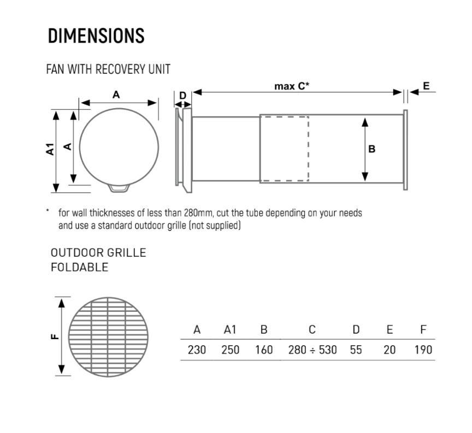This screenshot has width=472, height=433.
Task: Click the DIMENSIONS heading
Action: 96,36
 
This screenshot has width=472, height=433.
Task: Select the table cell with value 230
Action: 197,350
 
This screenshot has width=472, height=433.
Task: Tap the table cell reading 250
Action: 231,350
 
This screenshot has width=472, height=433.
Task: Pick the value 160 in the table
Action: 264,350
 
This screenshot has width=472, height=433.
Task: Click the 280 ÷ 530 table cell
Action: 312,350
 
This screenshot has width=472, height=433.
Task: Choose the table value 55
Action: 356,350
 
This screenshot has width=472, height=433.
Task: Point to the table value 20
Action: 390,350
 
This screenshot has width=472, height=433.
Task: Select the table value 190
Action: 423,350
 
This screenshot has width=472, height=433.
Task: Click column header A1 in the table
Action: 230,330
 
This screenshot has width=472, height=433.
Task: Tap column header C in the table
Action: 312,330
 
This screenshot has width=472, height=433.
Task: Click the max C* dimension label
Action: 292,86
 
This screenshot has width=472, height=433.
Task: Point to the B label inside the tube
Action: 372,149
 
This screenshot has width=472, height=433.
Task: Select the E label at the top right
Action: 426,86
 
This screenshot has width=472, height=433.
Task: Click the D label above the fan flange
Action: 182,96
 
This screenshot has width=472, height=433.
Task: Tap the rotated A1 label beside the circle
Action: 50,149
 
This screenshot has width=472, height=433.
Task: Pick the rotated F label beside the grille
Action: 55,336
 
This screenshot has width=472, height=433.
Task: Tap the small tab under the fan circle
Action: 119,188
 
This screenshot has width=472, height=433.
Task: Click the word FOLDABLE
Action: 79,267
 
